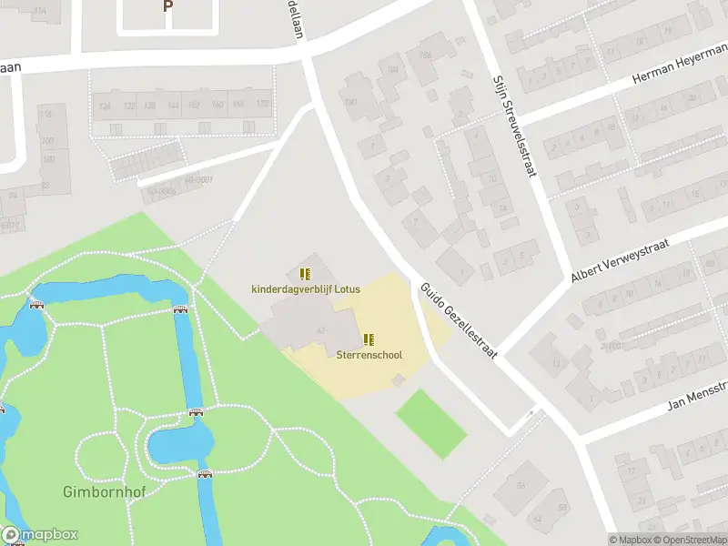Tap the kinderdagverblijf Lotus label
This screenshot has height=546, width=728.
click(x=306, y=289)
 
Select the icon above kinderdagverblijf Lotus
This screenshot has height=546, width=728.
click(x=305, y=273)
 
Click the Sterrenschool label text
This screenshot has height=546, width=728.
click(x=369, y=355)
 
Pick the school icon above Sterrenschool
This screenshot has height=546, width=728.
click(x=369, y=339)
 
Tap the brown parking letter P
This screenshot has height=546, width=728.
click(x=167, y=6)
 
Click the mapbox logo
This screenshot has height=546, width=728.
click(x=40, y=535)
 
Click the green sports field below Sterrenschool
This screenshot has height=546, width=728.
click(x=430, y=423)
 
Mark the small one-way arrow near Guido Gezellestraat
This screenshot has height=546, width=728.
click(x=531, y=414)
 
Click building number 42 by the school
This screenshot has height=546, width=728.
click(x=320, y=330)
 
